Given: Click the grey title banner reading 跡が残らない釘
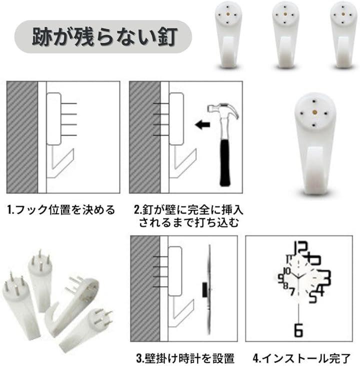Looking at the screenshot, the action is click(103, 36).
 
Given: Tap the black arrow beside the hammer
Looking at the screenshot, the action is click(202, 124).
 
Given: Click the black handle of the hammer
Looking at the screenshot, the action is click(224, 162).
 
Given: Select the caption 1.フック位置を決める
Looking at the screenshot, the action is click(61, 210).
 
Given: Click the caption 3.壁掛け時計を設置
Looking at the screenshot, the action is click(185, 359).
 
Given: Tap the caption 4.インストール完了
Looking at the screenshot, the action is click(301, 359).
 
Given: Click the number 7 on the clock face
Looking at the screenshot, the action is click(292, 291).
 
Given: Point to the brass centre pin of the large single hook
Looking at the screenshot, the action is click(315, 113).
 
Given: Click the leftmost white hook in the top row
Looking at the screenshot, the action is click(227, 35).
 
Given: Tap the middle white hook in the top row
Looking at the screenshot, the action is click(285, 35).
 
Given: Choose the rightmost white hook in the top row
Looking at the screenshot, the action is click(343, 35).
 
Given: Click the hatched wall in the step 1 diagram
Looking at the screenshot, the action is click(22, 137).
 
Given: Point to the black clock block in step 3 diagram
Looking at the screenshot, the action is click(205, 290).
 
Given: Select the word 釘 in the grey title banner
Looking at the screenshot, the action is click(167, 36).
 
